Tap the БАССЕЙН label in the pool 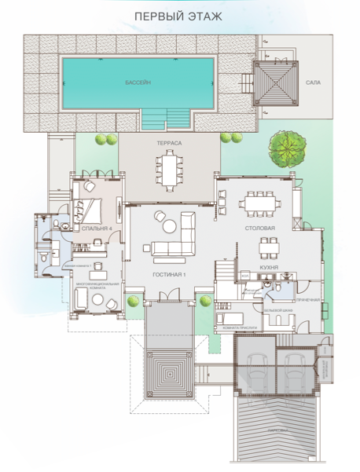[138, 82]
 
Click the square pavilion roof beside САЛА [276, 82]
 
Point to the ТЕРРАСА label [169, 144]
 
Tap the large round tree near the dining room [285, 146]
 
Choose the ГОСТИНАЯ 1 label [170, 275]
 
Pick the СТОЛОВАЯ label [259, 229]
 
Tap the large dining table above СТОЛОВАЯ [259, 203]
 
